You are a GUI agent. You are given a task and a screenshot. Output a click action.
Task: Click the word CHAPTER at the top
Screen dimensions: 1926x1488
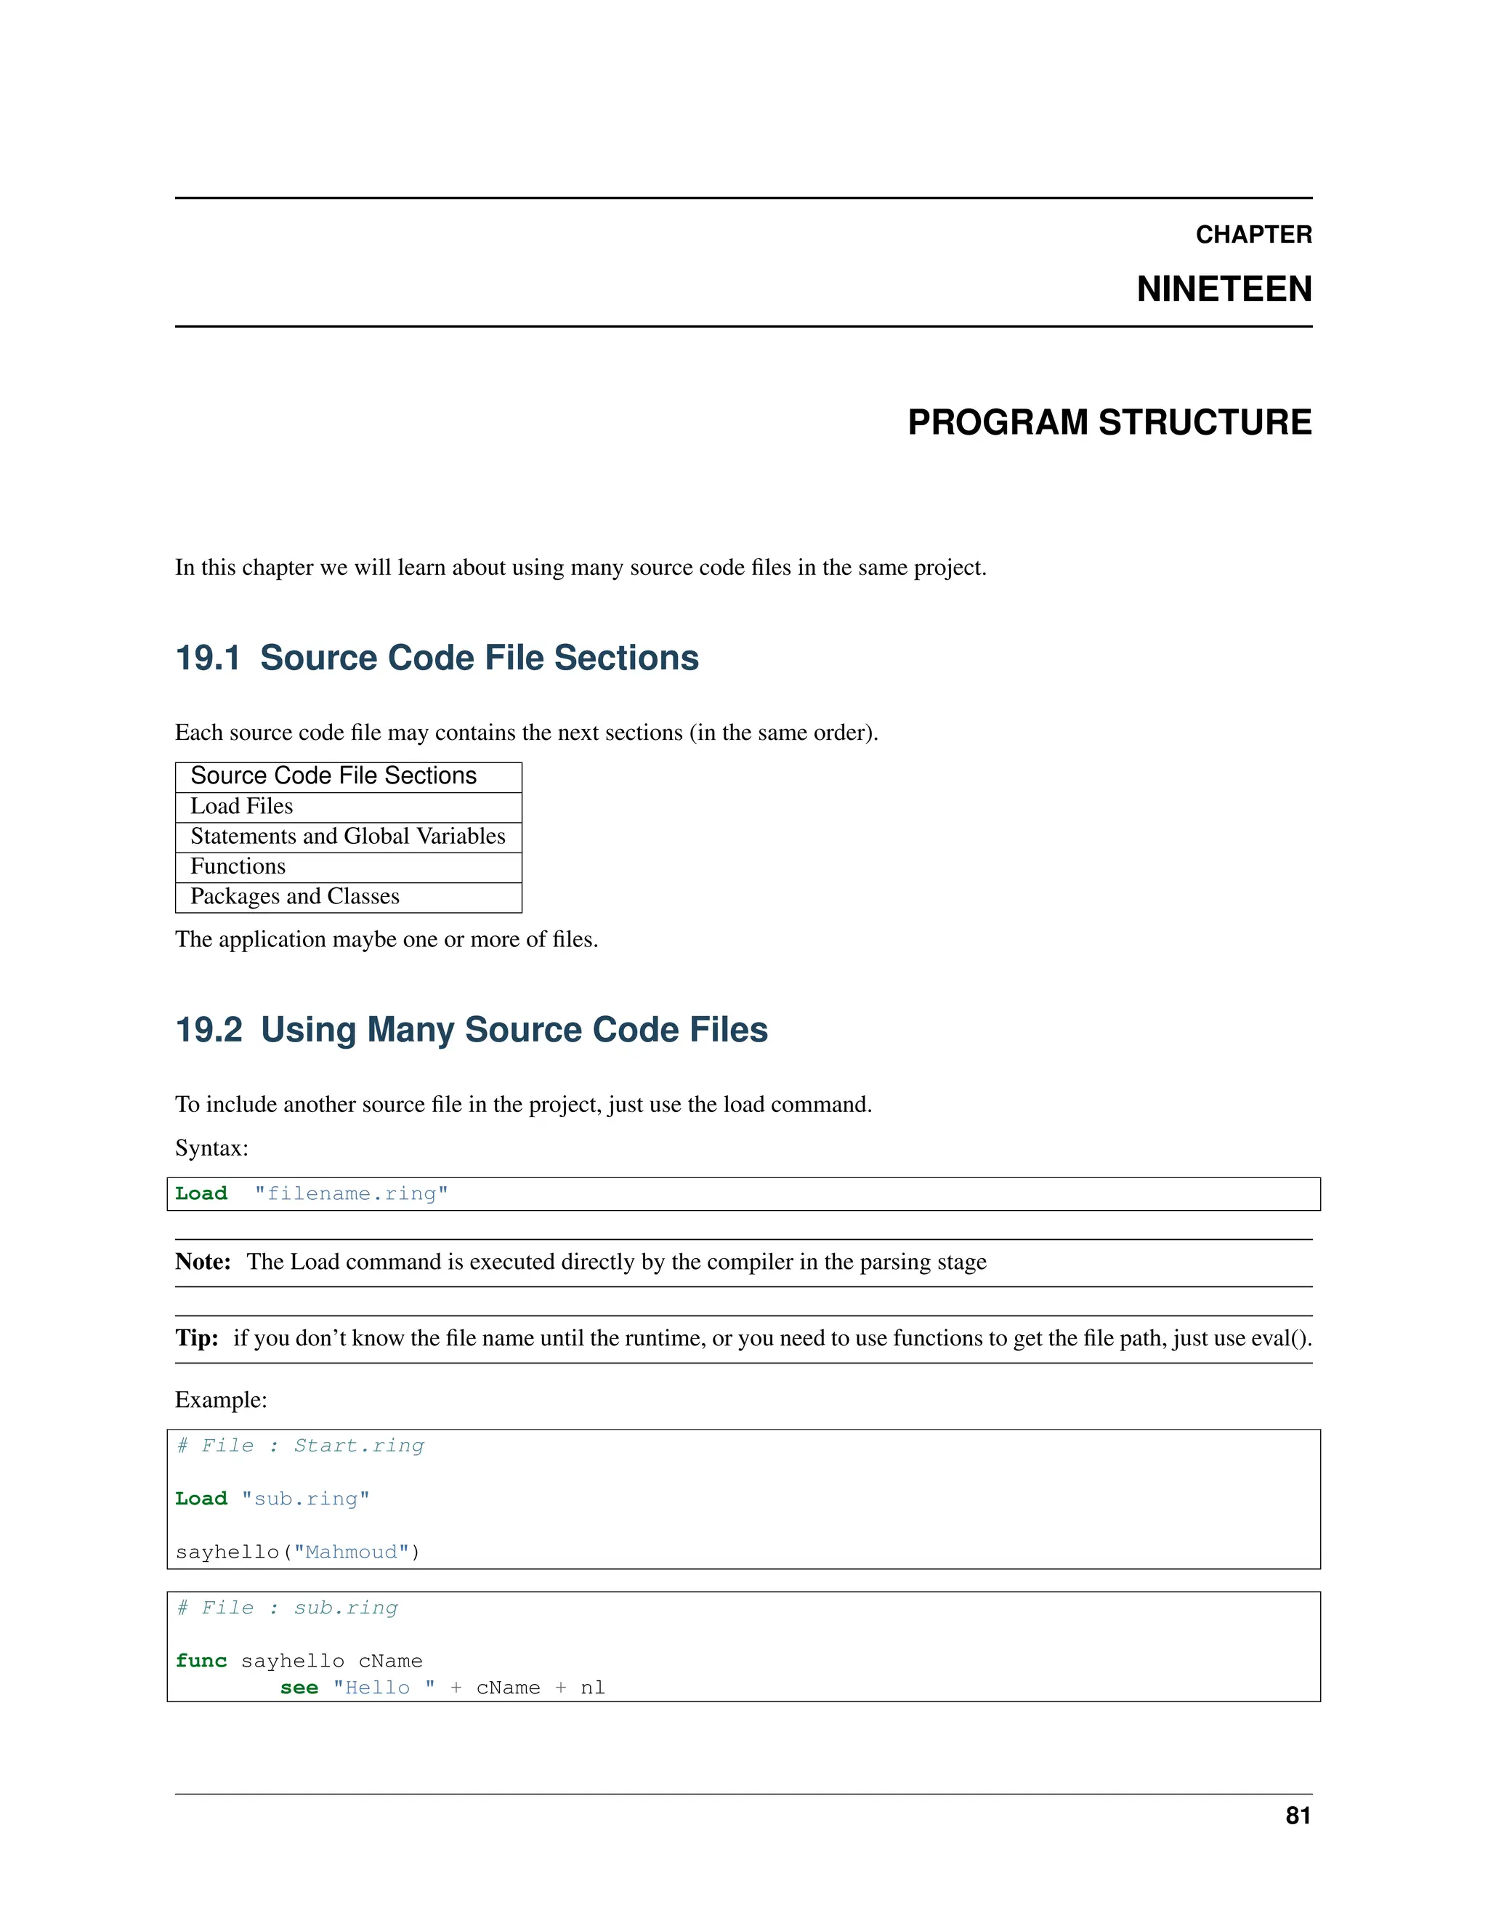[x=1253, y=235]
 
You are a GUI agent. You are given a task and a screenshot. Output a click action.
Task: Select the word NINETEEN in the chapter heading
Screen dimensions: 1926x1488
[x=1224, y=289]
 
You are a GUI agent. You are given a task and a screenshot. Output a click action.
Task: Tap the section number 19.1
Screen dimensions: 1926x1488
[x=207, y=658]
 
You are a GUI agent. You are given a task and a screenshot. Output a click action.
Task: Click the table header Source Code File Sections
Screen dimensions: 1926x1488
[x=333, y=776]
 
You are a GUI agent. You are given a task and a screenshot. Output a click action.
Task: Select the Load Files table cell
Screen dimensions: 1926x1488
[x=241, y=806]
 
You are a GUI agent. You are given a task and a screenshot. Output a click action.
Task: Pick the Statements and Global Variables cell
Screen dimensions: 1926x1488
[x=347, y=836]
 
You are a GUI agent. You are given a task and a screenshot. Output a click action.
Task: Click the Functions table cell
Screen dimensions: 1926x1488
[x=238, y=866]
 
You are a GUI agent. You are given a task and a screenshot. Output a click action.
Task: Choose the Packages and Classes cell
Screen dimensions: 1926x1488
[x=294, y=896]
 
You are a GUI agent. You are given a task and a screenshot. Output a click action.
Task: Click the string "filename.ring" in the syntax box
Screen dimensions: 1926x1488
[x=351, y=1194]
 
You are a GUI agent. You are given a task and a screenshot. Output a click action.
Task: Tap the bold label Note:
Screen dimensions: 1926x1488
[x=203, y=1262]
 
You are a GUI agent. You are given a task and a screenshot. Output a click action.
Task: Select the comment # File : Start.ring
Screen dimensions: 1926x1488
[x=300, y=1446]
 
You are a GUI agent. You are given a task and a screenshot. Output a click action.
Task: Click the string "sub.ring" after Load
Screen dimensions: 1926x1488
[x=305, y=1499]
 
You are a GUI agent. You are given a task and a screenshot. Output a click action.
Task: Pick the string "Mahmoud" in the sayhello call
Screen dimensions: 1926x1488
[x=351, y=1552]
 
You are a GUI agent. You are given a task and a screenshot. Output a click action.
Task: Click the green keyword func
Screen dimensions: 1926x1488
[x=201, y=1661]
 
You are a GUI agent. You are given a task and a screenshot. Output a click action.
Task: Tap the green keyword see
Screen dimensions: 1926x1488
[x=299, y=1688]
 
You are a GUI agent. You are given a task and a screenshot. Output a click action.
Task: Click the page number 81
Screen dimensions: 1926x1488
[x=1298, y=1816]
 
